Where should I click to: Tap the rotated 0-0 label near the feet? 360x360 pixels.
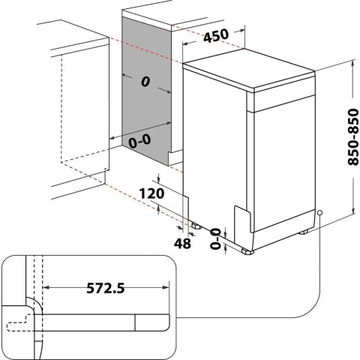(217, 238)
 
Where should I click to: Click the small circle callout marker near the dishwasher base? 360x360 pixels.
(319, 214)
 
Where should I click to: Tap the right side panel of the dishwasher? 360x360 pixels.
(286, 150)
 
